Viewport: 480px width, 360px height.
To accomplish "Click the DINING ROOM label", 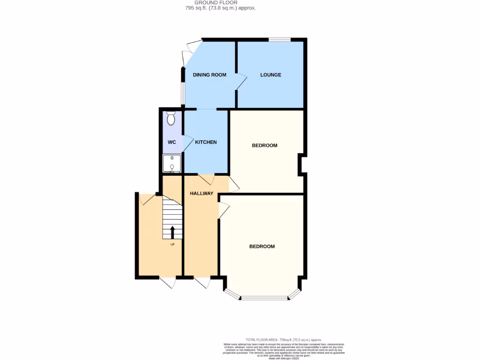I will (210, 75).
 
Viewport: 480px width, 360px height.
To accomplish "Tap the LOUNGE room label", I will (271, 75).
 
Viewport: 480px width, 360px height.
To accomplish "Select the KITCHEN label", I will (206, 142).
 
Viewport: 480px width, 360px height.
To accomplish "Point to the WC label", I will (172, 142).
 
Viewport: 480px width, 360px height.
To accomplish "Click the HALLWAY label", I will (202, 193).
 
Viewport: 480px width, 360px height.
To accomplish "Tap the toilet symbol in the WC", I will (171, 118).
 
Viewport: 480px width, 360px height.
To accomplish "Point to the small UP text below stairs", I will (172, 244).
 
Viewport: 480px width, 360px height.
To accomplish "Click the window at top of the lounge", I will (279, 40).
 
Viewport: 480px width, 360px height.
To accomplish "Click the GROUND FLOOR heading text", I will (218, 2).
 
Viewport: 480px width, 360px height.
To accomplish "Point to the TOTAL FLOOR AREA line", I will (284, 339).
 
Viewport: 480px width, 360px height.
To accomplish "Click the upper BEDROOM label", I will (265, 145).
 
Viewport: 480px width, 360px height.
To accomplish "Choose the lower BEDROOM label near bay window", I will (262, 247).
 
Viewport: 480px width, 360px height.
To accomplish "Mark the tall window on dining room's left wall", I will (183, 93).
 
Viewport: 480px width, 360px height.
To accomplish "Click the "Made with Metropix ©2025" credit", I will (284, 359).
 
